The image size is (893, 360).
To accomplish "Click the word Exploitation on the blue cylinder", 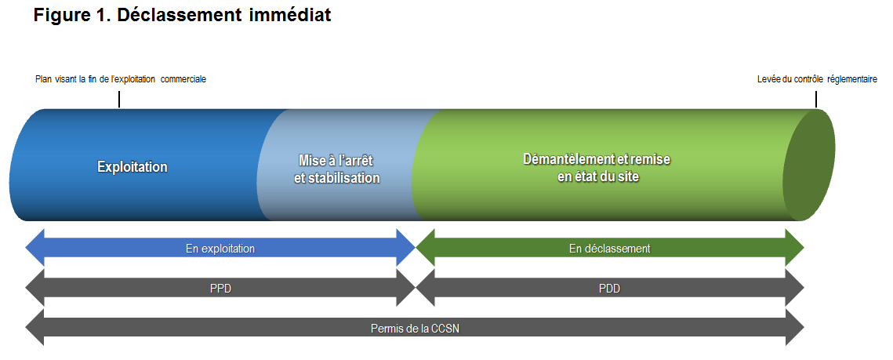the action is click(132, 167).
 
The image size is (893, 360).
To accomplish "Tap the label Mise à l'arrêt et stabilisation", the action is click(336, 169).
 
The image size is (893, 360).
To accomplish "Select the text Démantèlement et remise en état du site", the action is click(597, 168).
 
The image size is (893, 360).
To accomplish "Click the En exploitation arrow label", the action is click(220, 249).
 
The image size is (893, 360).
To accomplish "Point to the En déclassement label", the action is click(609, 249).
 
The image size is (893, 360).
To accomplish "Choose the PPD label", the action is click(220, 289).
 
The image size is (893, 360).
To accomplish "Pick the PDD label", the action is click(609, 289).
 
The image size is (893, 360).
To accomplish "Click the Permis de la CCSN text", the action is click(415, 329).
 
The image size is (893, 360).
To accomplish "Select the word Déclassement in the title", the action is click(179, 15).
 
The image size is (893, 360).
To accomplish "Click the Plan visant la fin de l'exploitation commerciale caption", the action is click(121, 79).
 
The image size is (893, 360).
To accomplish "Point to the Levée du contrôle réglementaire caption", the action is click(817, 79).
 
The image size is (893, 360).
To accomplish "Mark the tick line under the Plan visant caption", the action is click(119, 100).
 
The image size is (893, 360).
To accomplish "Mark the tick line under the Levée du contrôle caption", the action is click(816, 100).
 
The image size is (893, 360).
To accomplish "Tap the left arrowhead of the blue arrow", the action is click(34, 248).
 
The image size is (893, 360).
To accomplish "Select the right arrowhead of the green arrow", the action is click(794, 248).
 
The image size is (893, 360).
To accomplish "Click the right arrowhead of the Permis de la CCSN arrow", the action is click(794, 328).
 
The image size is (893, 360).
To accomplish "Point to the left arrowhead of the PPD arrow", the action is click(34, 288).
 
